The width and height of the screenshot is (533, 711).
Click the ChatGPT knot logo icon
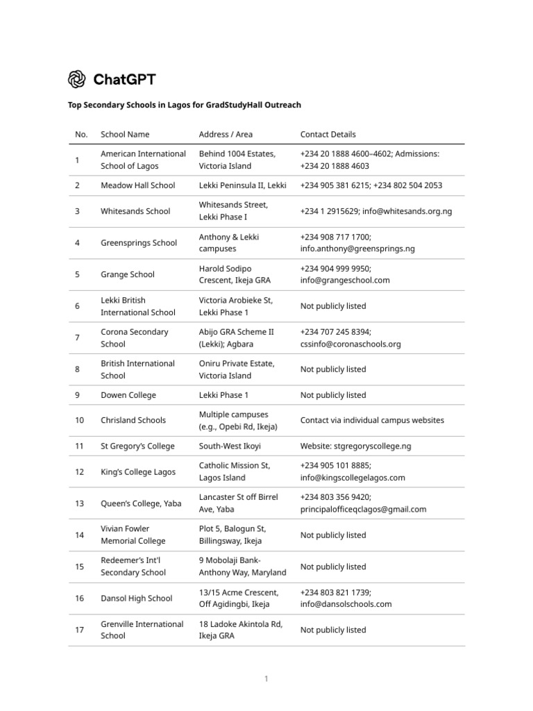tap(76, 79)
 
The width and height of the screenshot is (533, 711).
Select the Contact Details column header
tap(328, 135)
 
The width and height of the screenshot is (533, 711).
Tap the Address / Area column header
tap(226, 135)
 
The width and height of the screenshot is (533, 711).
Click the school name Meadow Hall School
tap(138, 185)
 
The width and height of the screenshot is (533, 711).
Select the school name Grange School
tap(128, 274)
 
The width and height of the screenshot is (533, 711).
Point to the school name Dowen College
tap(128, 395)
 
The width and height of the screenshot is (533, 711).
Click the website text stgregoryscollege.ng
tap(373, 446)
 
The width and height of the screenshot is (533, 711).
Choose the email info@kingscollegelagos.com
tap(353, 478)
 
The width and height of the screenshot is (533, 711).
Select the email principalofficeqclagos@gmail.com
tap(363, 510)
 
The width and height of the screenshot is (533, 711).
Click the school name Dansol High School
tap(137, 599)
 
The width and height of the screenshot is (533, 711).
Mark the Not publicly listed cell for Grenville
tap(333, 630)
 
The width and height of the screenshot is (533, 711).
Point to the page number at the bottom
tap(266, 679)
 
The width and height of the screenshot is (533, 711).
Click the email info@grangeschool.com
tap(345, 281)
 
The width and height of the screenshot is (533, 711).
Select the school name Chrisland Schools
tap(133, 420)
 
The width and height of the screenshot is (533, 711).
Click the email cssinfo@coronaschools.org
tap(350, 344)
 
